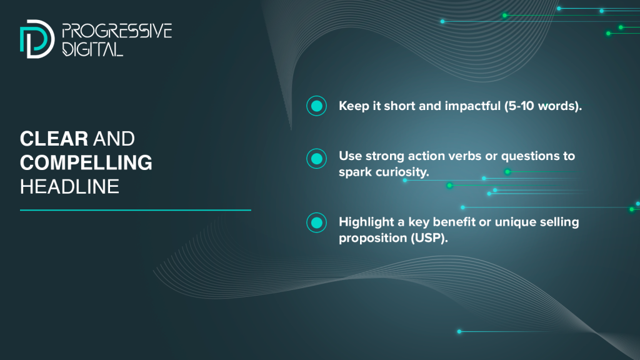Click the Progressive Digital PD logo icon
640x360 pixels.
click(37, 39)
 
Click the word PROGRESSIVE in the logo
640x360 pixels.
click(117, 31)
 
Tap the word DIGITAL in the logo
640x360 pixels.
click(92, 49)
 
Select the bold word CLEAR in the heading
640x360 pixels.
click(54, 139)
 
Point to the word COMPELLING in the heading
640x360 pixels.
click(86, 162)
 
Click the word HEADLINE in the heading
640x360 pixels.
click(69, 187)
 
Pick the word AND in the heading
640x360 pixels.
click(114, 139)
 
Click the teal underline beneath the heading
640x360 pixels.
click(136, 210)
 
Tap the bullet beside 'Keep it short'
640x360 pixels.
click(317, 106)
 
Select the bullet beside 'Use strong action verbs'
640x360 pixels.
click(317, 159)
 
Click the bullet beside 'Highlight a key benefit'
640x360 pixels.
click(317, 223)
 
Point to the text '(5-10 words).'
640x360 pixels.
click(543, 106)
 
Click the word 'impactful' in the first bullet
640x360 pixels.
click(472, 106)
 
